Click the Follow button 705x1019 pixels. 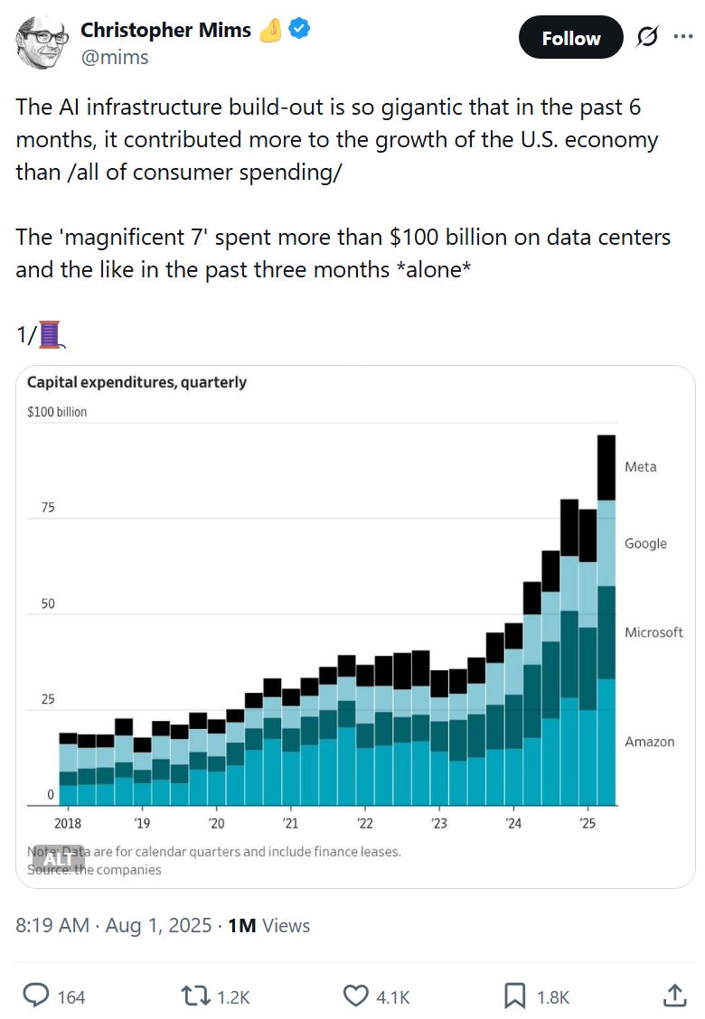(x=570, y=38)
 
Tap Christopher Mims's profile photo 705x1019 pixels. (x=42, y=42)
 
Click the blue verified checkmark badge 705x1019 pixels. (x=299, y=29)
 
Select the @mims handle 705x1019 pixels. (x=115, y=57)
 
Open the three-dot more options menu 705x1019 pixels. (x=683, y=37)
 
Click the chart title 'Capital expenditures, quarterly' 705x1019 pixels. (x=136, y=382)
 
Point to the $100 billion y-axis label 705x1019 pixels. (x=57, y=412)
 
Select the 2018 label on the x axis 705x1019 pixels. (x=67, y=823)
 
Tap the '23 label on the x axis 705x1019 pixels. (x=438, y=823)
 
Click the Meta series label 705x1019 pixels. (x=640, y=467)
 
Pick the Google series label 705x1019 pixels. (x=645, y=544)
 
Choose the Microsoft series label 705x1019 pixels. (x=653, y=632)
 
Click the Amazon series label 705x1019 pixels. (x=649, y=742)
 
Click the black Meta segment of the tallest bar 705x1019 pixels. (x=606, y=467)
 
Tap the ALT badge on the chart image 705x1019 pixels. (x=57, y=860)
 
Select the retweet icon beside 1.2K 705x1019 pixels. (x=194, y=996)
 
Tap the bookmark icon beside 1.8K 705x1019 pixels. (x=514, y=996)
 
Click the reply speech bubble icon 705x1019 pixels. (x=35, y=996)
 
